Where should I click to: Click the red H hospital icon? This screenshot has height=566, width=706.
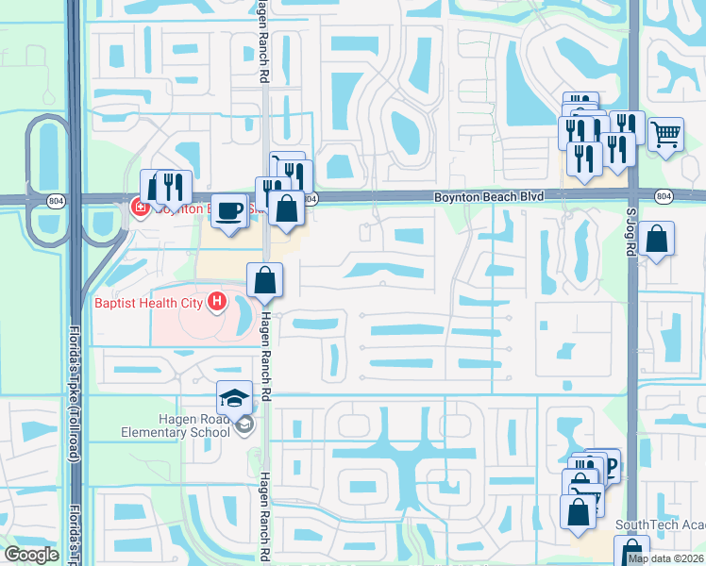pos(218,302)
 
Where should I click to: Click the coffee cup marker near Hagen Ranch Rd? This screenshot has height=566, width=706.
pos(227,209)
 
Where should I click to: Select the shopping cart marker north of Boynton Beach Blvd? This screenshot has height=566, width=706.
pos(666,137)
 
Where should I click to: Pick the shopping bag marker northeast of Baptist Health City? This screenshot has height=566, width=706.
pos(265,279)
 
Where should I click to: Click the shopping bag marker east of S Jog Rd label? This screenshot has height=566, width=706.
pos(656,239)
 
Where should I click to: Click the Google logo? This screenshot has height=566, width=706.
pos(31,555)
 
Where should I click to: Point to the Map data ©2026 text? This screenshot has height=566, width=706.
pos(665,558)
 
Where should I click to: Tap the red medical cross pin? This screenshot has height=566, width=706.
pos(140,207)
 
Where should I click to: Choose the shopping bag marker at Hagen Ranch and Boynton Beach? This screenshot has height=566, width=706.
pos(285,207)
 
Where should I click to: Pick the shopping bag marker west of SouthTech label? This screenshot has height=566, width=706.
pos(578,513)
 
